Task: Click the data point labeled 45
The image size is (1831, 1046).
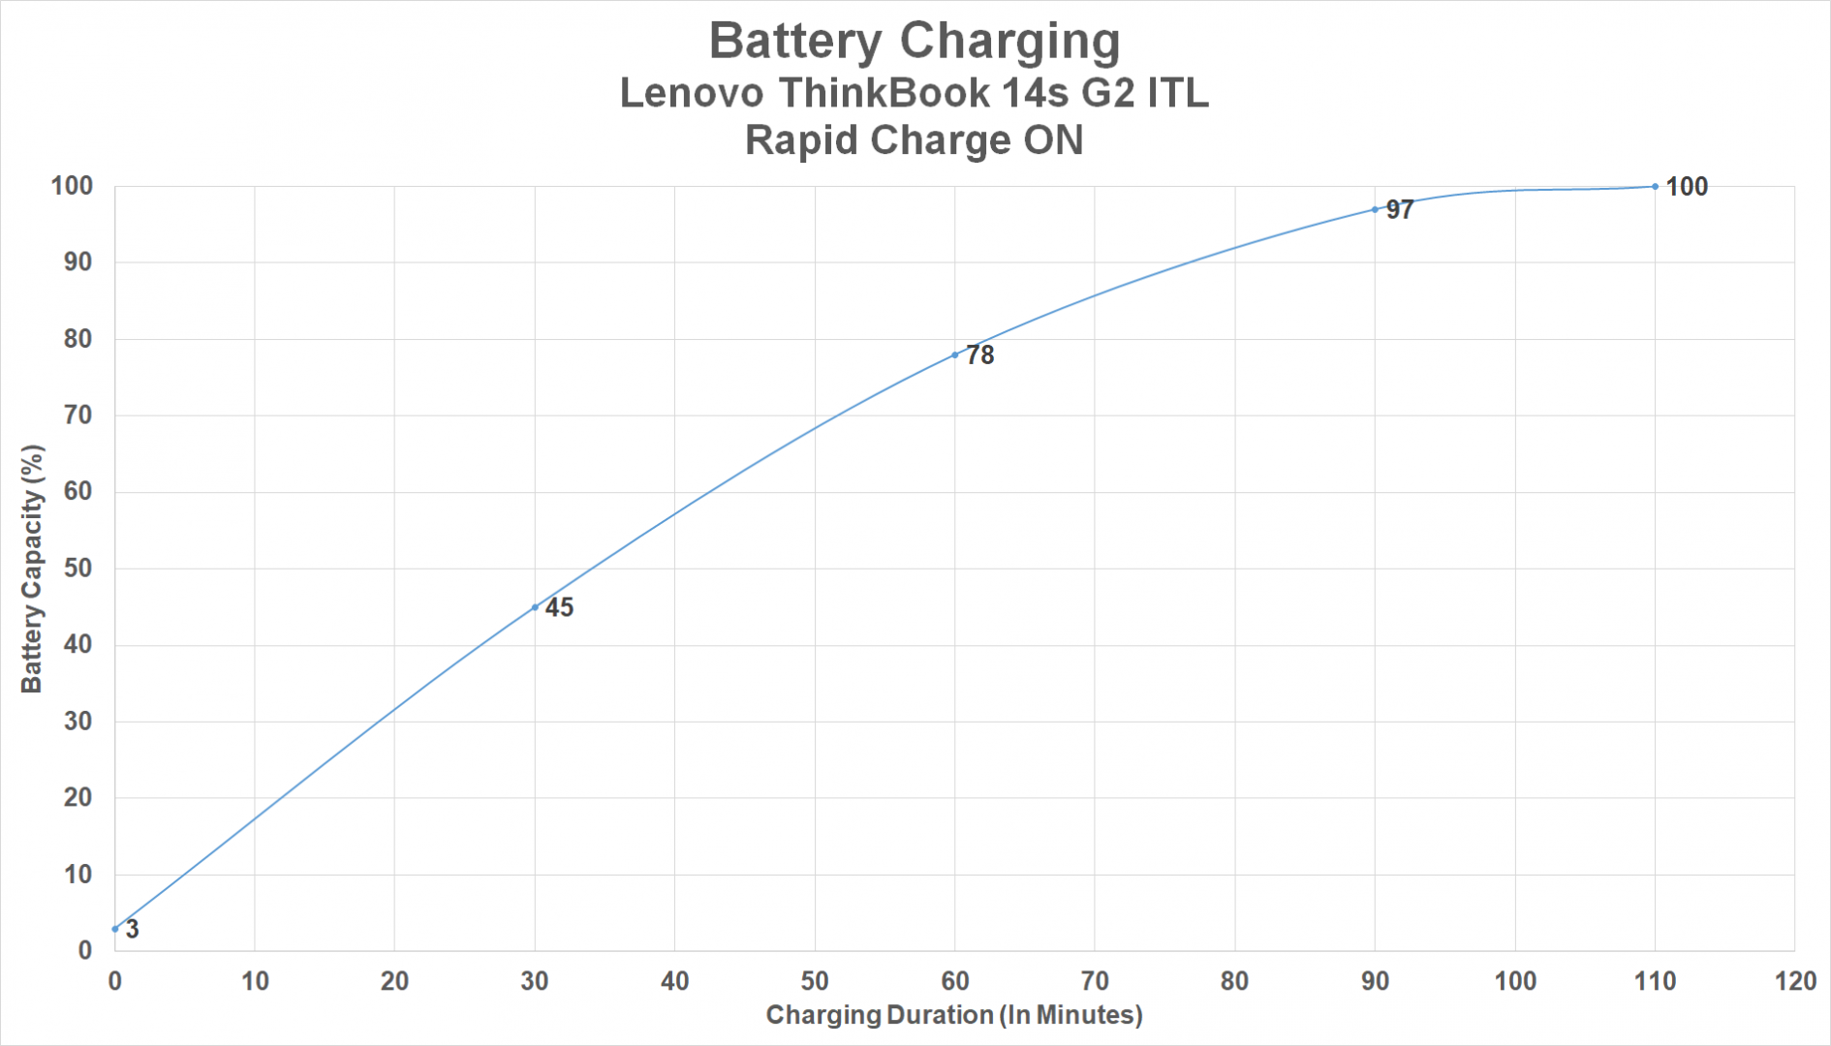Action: pos(535,607)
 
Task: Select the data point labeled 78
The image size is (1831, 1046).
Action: pos(955,355)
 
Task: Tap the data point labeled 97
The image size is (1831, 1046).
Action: pos(1375,209)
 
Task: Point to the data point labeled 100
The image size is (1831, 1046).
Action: pos(1655,187)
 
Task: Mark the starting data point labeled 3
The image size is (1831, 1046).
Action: pos(115,929)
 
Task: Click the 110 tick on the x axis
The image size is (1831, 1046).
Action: pos(1655,981)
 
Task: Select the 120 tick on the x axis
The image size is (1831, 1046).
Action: pos(1794,981)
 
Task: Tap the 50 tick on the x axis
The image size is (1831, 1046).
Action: pos(815,981)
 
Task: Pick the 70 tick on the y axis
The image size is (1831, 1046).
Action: pos(78,415)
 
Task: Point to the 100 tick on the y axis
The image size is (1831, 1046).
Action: pos(72,186)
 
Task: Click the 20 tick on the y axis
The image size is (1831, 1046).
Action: pos(78,798)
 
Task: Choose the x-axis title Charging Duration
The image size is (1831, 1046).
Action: pos(954,1015)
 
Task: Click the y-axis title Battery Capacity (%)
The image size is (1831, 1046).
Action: pos(32,569)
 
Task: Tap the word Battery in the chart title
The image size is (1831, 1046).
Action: pos(795,42)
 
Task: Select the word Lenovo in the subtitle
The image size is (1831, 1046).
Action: pos(690,93)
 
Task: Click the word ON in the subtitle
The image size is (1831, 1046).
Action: pos(1053,140)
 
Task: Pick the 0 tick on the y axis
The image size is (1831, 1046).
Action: pos(85,951)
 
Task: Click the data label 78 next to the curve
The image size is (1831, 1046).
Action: pos(980,355)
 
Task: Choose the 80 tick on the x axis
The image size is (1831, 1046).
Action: pos(1234,981)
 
